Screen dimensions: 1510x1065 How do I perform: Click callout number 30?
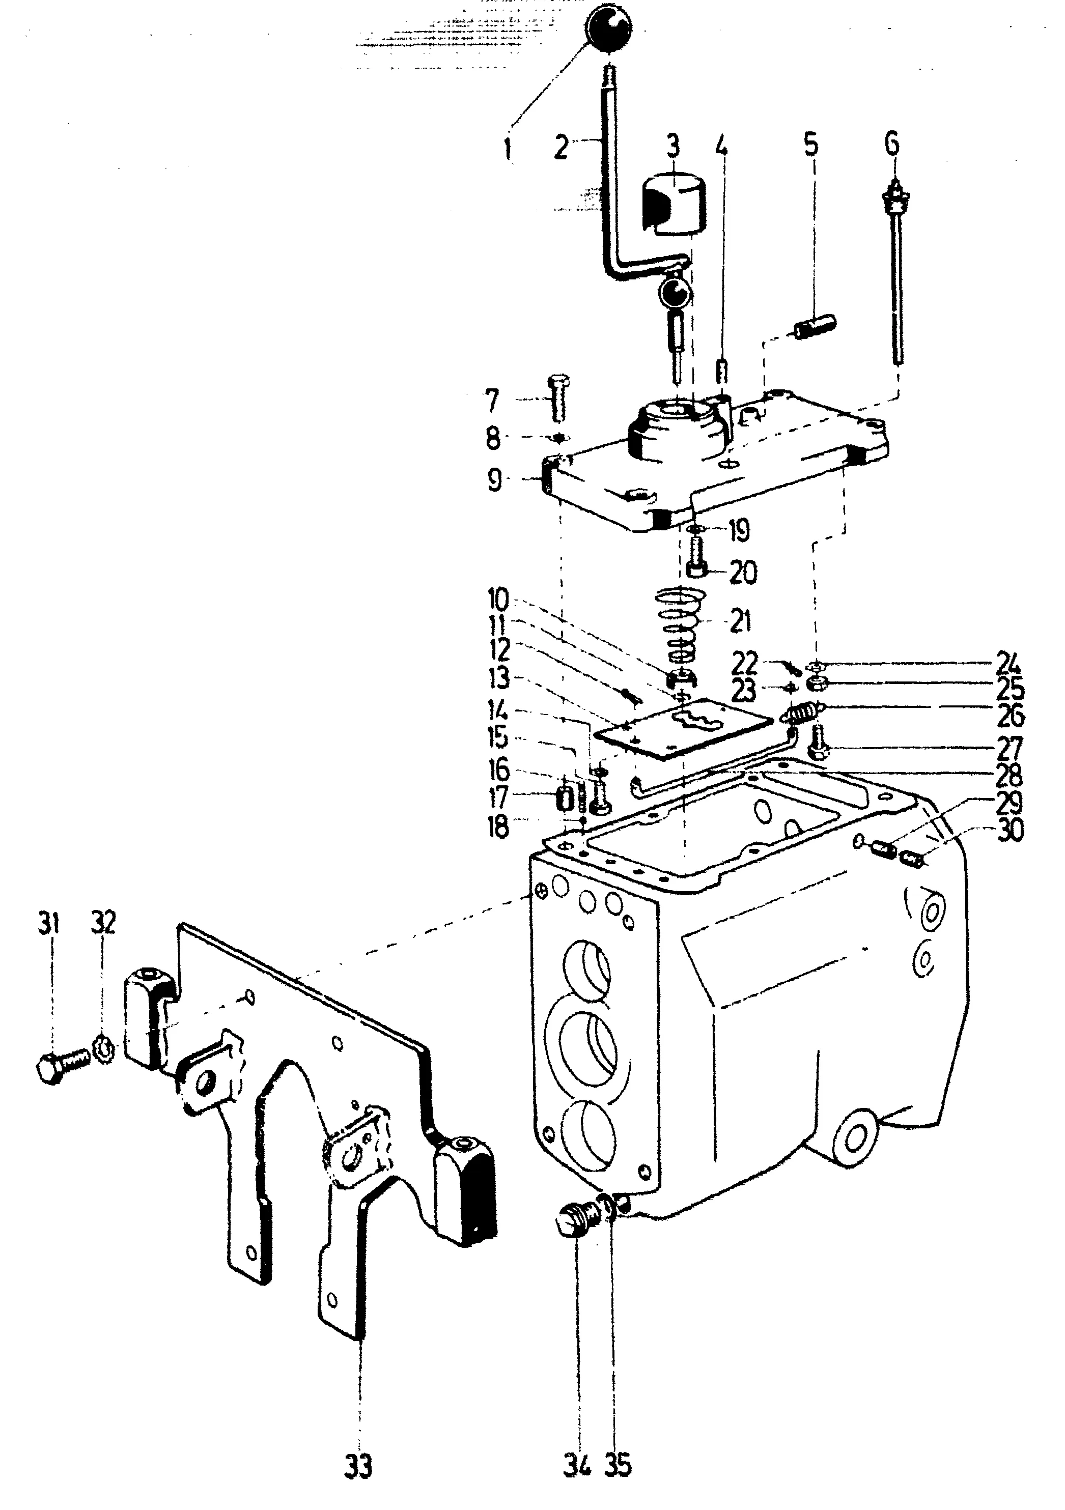click(1011, 831)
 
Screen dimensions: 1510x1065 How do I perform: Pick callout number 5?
click(811, 146)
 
